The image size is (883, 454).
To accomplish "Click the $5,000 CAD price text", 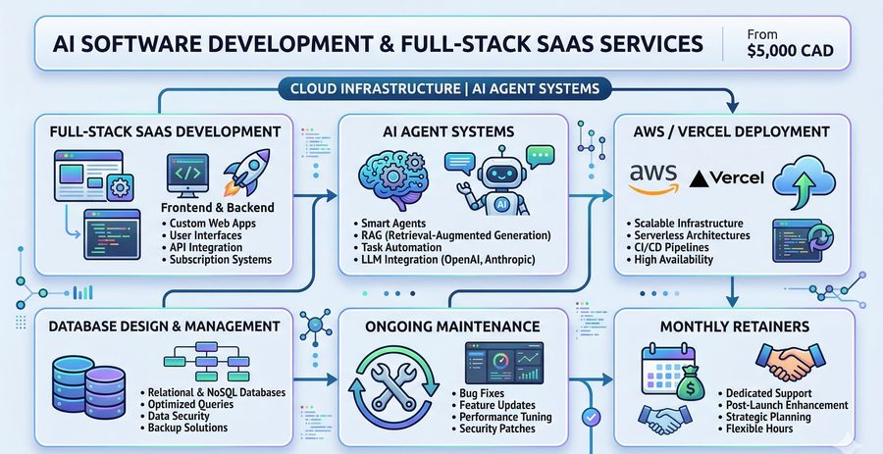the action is (791, 51).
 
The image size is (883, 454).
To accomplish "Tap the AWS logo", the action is (653, 178).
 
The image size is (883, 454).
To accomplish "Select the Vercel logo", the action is (726, 178).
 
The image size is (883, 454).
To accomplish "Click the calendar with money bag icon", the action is (673, 373).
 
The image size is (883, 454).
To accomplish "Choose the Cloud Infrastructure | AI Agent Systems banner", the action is (443, 89).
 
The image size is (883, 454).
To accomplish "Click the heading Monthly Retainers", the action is (735, 327).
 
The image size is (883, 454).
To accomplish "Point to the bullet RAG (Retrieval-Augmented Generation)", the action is (451, 234).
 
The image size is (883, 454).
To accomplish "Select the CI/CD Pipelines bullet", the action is (667, 247).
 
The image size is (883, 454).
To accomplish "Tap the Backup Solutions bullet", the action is (183, 428).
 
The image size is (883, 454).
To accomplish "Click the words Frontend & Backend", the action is (218, 208).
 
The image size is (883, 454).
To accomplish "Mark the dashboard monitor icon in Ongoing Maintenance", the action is (504, 362).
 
